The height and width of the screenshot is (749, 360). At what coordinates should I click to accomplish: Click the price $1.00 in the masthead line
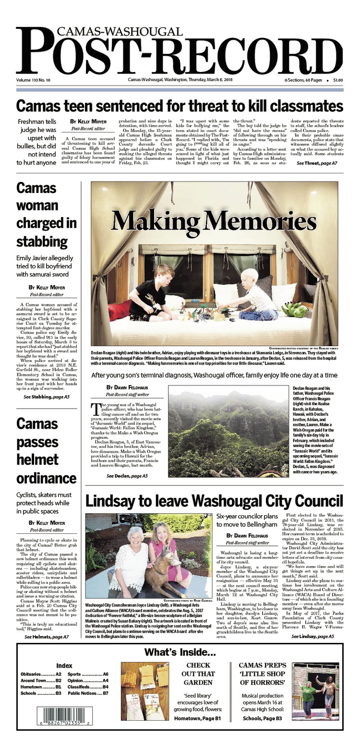[x=337, y=80]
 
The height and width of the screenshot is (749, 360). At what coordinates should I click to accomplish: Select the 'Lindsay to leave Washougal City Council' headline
[x=214, y=500]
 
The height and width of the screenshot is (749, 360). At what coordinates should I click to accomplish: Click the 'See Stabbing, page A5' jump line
[x=47, y=397]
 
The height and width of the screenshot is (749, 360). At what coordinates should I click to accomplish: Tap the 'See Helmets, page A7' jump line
[x=47, y=637]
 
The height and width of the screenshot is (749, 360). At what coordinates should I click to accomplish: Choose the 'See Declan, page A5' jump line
[x=127, y=476]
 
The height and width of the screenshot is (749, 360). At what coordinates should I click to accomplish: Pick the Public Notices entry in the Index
[x=88, y=693]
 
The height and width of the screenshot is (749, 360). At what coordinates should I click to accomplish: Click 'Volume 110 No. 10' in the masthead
[x=36, y=80]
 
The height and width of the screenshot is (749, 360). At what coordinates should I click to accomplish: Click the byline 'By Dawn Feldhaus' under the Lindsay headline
[x=247, y=535]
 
